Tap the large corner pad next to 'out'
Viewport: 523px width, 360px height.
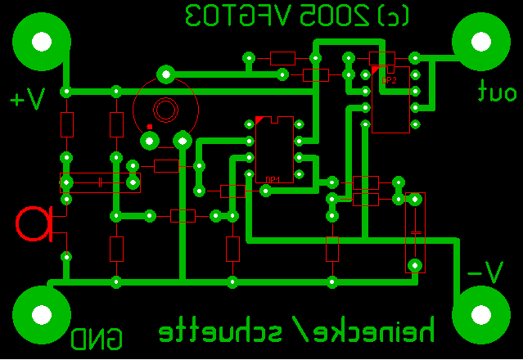click(x=480, y=40)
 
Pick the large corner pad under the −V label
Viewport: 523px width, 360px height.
click(x=480, y=314)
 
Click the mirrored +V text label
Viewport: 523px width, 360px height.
click(x=28, y=99)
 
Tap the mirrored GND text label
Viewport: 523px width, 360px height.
click(x=97, y=338)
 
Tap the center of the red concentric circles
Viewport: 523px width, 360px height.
click(x=165, y=109)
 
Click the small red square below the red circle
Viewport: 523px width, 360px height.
click(x=149, y=127)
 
